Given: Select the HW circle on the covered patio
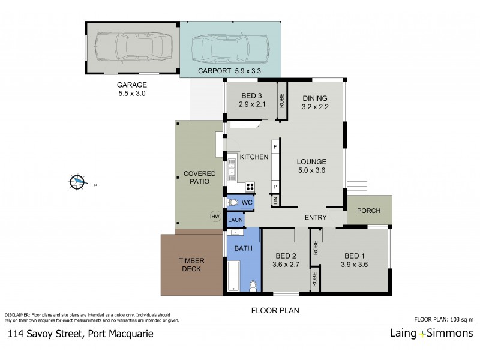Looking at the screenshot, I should [214, 217].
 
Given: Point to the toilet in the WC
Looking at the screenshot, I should [234, 203].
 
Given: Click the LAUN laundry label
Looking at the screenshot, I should [235, 220].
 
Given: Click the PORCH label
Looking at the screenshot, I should [368, 211].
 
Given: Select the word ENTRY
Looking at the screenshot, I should [315, 217].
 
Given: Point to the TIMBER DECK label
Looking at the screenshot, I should [190, 265].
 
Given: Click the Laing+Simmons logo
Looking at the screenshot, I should [428, 334].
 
